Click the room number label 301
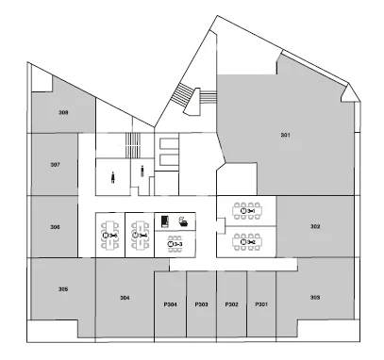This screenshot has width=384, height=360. point(285,136)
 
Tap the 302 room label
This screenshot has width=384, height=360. point(315,226)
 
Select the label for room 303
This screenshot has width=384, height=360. point(315,297)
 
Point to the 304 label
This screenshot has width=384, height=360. point(125,298)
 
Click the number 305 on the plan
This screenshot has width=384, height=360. point(63,289)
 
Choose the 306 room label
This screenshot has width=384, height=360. point(55,227)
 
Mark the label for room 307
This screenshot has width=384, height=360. point(56,164)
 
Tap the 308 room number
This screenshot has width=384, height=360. point(63,112)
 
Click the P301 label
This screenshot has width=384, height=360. point(261,304)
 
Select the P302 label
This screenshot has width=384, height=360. point(231,304)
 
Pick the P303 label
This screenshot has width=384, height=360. point(201,304)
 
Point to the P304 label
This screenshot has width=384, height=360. point(170,304)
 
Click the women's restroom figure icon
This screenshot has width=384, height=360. point(112,177)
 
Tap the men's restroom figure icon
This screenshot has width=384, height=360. point(142,171)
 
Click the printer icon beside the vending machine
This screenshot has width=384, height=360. point(184,221)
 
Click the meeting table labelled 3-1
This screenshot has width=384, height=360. point(247,211)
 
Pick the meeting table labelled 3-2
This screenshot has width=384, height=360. point(247,242)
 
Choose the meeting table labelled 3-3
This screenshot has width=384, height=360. point(175,244)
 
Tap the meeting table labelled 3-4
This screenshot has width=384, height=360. point(140,236)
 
